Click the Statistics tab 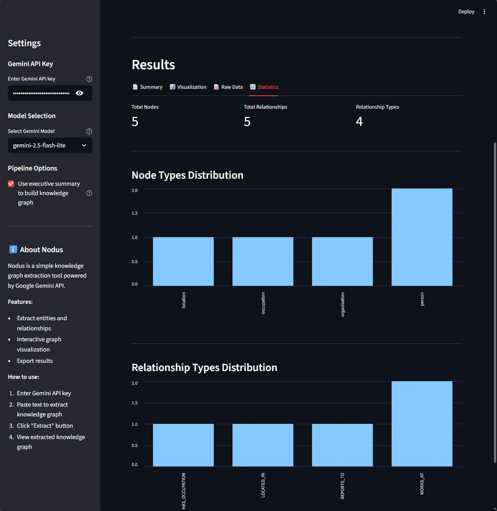click(x=264, y=87)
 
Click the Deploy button click(x=466, y=12)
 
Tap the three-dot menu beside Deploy click(x=484, y=12)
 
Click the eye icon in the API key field click(x=79, y=93)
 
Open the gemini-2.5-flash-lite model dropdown click(x=50, y=145)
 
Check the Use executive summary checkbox click(x=11, y=184)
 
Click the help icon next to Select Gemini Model click(x=89, y=131)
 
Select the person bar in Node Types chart click(x=422, y=237)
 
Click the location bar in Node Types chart click(x=183, y=261)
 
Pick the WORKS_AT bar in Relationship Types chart click(x=422, y=423)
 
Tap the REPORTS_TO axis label click(x=342, y=486)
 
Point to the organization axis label click(x=342, y=304)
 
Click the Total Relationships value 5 click(x=247, y=122)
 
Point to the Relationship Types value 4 click(x=359, y=122)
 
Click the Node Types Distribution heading click(x=187, y=175)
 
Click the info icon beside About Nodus click(x=13, y=249)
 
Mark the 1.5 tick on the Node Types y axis click(x=135, y=213)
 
